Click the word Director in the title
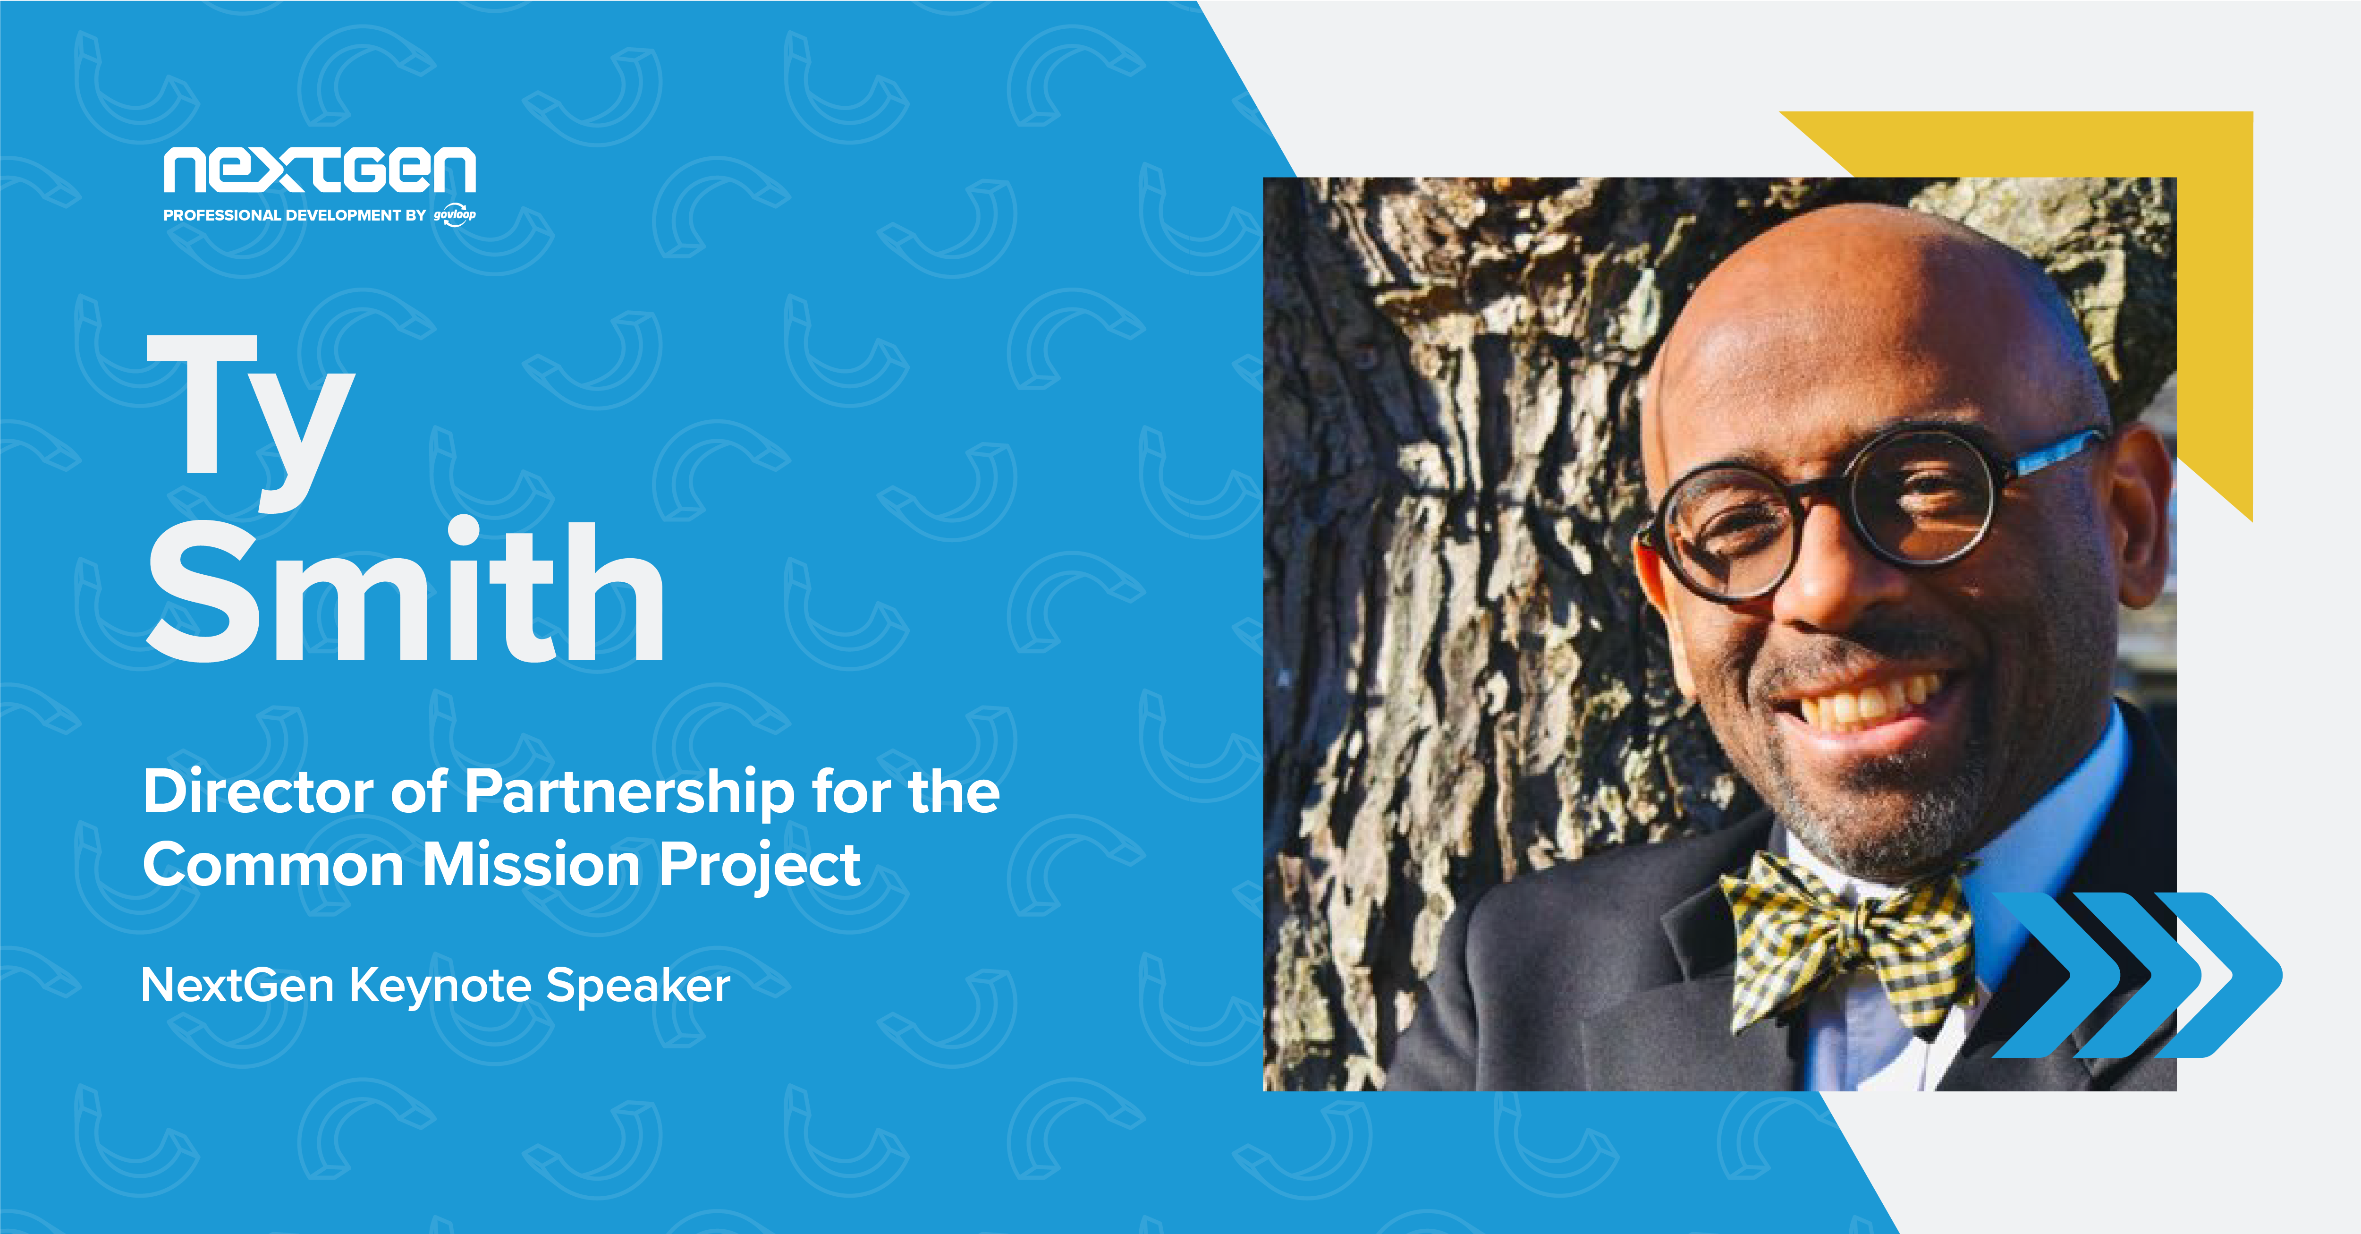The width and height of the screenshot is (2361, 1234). click(258, 791)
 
